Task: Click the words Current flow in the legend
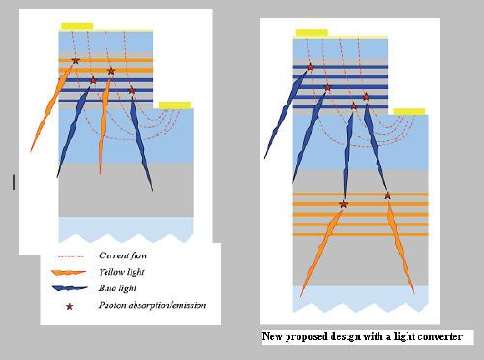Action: click(x=123, y=255)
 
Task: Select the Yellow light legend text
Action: click(x=122, y=272)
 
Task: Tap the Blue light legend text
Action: click(x=117, y=288)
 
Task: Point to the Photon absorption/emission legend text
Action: click(x=152, y=305)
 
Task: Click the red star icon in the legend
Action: click(x=69, y=307)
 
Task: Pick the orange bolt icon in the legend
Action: click(x=69, y=273)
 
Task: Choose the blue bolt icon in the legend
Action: click(x=70, y=288)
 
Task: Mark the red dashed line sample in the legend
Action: click(x=71, y=256)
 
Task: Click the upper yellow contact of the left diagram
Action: click(x=77, y=26)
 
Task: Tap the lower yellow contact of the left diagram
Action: click(x=174, y=105)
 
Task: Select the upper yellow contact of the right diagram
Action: click(x=312, y=33)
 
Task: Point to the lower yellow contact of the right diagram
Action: click(x=408, y=112)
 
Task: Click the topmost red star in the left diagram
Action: click(x=76, y=60)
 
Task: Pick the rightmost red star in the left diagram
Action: click(x=132, y=90)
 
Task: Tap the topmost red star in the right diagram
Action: click(x=310, y=67)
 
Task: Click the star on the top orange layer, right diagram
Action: click(x=387, y=195)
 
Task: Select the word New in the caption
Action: click(x=272, y=337)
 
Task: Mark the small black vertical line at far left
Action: click(x=14, y=182)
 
